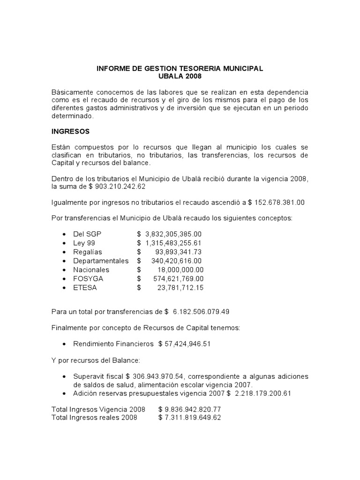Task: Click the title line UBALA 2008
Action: pos(180,76)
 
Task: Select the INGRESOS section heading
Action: pos(70,131)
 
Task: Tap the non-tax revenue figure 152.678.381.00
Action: pos(278,202)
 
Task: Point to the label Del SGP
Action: pos(87,234)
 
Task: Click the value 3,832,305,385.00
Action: pos(173,234)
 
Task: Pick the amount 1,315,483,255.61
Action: pos(173,243)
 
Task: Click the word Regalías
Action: pos(88,252)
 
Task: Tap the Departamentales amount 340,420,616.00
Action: pos(176,261)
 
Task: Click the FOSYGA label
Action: pos(88,278)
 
